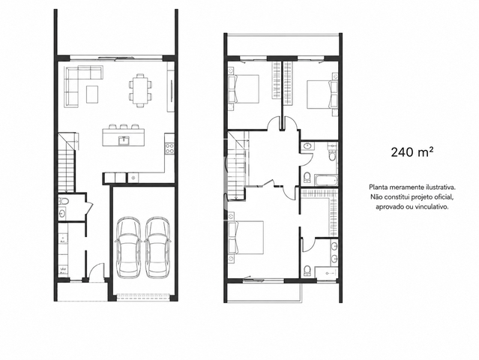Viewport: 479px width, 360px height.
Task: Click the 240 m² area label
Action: (412, 152)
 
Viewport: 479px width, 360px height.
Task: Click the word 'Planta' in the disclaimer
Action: (378, 187)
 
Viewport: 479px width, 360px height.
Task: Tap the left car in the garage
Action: (129, 247)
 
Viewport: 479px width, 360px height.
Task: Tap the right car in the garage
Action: (157, 247)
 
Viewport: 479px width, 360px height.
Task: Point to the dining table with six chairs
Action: (140, 91)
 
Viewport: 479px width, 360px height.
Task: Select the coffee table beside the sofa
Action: (92, 94)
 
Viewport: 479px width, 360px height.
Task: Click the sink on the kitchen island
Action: (124, 140)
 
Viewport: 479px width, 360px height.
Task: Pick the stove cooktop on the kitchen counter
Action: (169, 148)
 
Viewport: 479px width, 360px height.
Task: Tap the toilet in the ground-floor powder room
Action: (64, 201)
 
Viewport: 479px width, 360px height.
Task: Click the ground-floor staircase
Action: (67, 163)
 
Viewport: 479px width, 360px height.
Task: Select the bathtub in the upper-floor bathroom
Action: (326, 180)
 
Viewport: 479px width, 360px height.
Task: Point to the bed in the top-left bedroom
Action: (244, 89)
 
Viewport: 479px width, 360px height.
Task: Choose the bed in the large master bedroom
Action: (246, 238)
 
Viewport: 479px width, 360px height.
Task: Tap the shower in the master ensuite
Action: (327, 272)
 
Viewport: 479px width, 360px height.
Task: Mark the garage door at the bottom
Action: (143, 295)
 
